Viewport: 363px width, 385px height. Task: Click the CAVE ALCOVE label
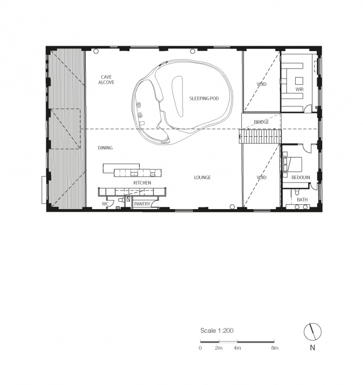(x=106, y=80)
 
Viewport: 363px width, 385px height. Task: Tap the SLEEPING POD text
(x=204, y=98)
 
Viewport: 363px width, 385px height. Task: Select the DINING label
(x=105, y=148)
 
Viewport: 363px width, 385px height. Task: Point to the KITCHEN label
(x=142, y=182)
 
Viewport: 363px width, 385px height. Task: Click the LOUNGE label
(x=202, y=177)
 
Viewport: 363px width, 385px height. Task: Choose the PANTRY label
(x=142, y=204)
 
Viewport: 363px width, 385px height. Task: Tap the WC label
(x=105, y=204)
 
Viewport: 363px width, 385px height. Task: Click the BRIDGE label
(x=261, y=122)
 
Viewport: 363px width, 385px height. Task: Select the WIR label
(x=299, y=90)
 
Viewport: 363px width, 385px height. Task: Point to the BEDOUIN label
(x=301, y=177)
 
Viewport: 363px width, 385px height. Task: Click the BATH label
(x=302, y=200)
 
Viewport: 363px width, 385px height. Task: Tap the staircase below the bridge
(x=260, y=136)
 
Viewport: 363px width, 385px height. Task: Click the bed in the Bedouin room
(x=293, y=165)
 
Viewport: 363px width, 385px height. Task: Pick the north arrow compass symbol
(x=312, y=332)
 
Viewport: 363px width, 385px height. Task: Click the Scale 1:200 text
(x=217, y=331)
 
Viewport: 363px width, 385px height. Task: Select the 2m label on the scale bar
(x=218, y=348)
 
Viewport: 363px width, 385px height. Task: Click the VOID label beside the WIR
(x=261, y=84)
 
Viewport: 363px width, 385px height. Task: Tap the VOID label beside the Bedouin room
(x=261, y=177)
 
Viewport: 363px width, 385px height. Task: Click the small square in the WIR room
(x=299, y=81)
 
